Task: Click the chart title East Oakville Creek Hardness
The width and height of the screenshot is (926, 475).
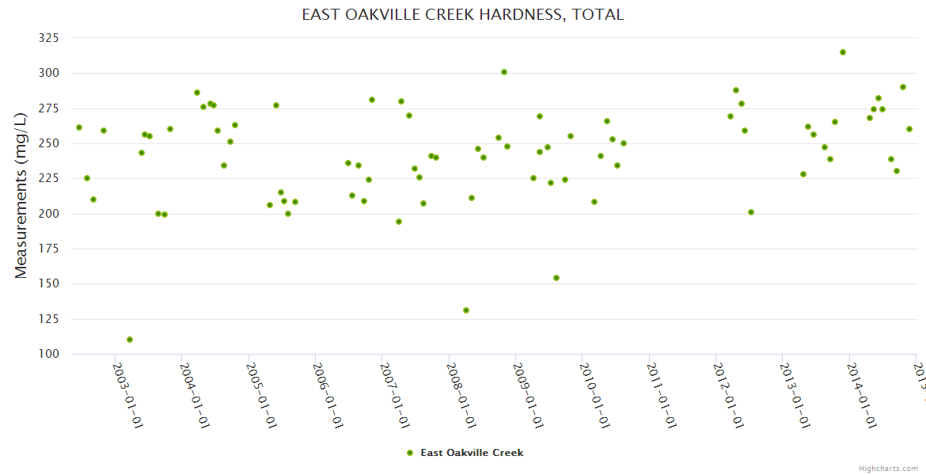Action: [x=463, y=14]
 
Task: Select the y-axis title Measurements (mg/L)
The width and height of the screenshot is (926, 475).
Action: [x=21, y=195]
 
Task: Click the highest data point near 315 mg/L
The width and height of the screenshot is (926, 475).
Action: [x=843, y=52]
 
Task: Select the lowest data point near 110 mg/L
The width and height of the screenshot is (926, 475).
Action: [x=130, y=340]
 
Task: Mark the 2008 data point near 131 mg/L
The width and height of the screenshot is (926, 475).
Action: [x=466, y=310]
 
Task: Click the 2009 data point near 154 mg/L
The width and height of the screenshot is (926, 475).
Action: [x=556, y=278]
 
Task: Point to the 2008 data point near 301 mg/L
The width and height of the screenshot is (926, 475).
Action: [x=504, y=72]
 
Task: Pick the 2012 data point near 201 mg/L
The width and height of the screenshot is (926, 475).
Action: [x=751, y=212]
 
